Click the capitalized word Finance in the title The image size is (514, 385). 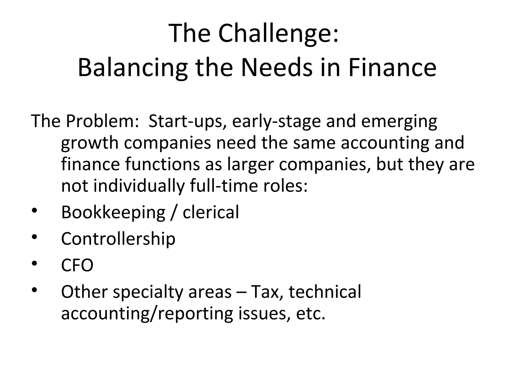click(392, 68)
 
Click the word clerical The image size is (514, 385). click(211, 212)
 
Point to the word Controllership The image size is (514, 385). click(118, 239)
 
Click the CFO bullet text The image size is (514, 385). click(77, 265)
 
